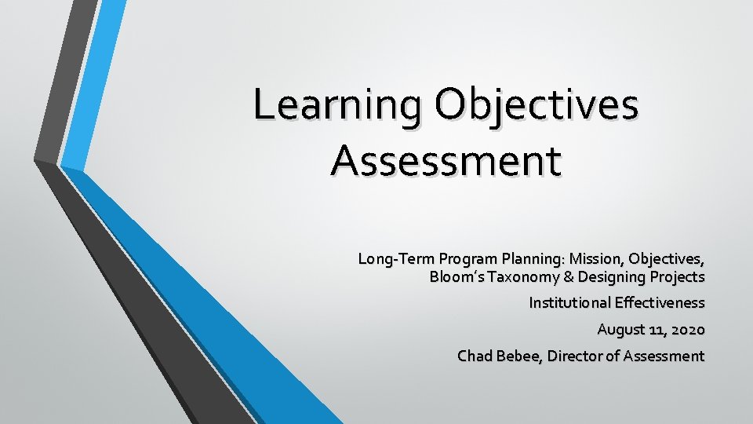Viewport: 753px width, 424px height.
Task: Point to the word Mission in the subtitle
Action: pyautogui.click(x=596, y=258)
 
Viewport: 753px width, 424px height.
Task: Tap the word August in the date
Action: pyautogui.click(x=620, y=329)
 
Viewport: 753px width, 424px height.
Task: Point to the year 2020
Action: pyautogui.click(x=688, y=329)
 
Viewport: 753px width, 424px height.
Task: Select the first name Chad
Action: pyautogui.click(x=474, y=356)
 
